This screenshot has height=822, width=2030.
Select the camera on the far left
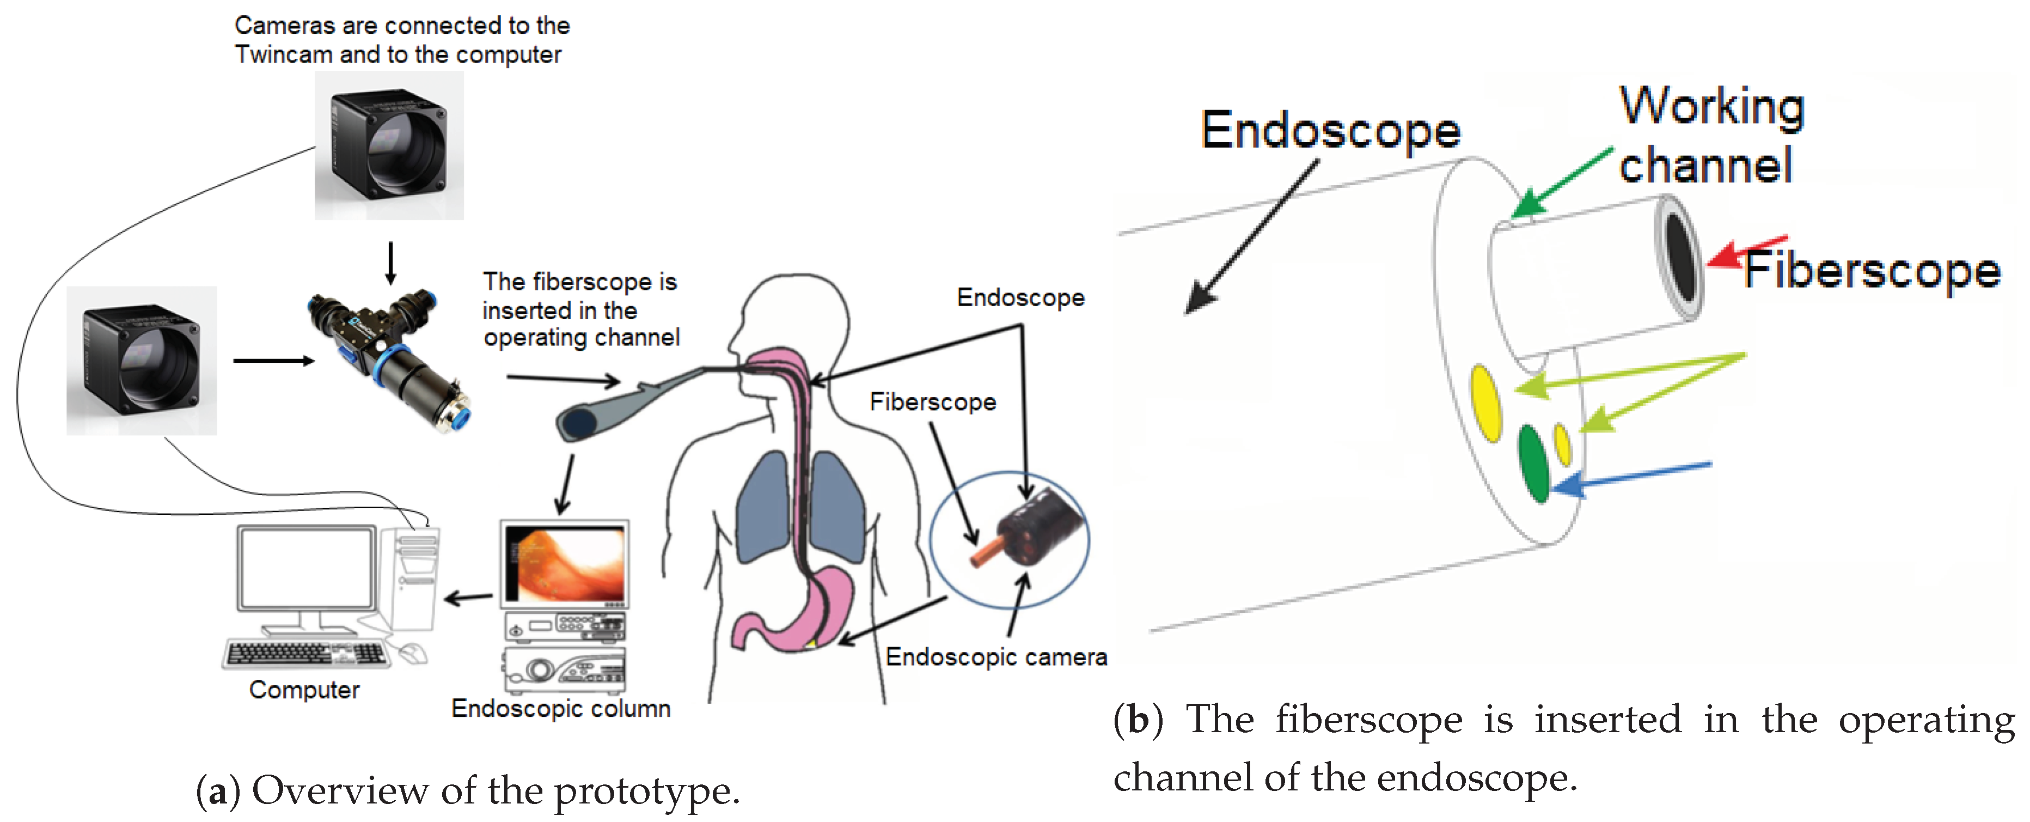click(x=142, y=361)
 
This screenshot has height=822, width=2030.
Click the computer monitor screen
click(x=307, y=568)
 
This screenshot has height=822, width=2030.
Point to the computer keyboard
click(x=306, y=653)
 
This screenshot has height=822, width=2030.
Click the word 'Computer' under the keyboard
click(x=304, y=690)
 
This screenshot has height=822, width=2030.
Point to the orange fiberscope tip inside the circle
click(x=986, y=552)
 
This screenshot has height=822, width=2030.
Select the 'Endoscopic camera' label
click(x=996, y=656)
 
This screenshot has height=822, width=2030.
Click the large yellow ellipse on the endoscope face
click(x=1485, y=403)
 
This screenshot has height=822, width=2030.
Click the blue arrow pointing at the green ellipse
click(x=1631, y=476)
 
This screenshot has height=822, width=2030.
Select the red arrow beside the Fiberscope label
click(x=1746, y=252)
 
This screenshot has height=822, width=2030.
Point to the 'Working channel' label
click(x=1710, y=136)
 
